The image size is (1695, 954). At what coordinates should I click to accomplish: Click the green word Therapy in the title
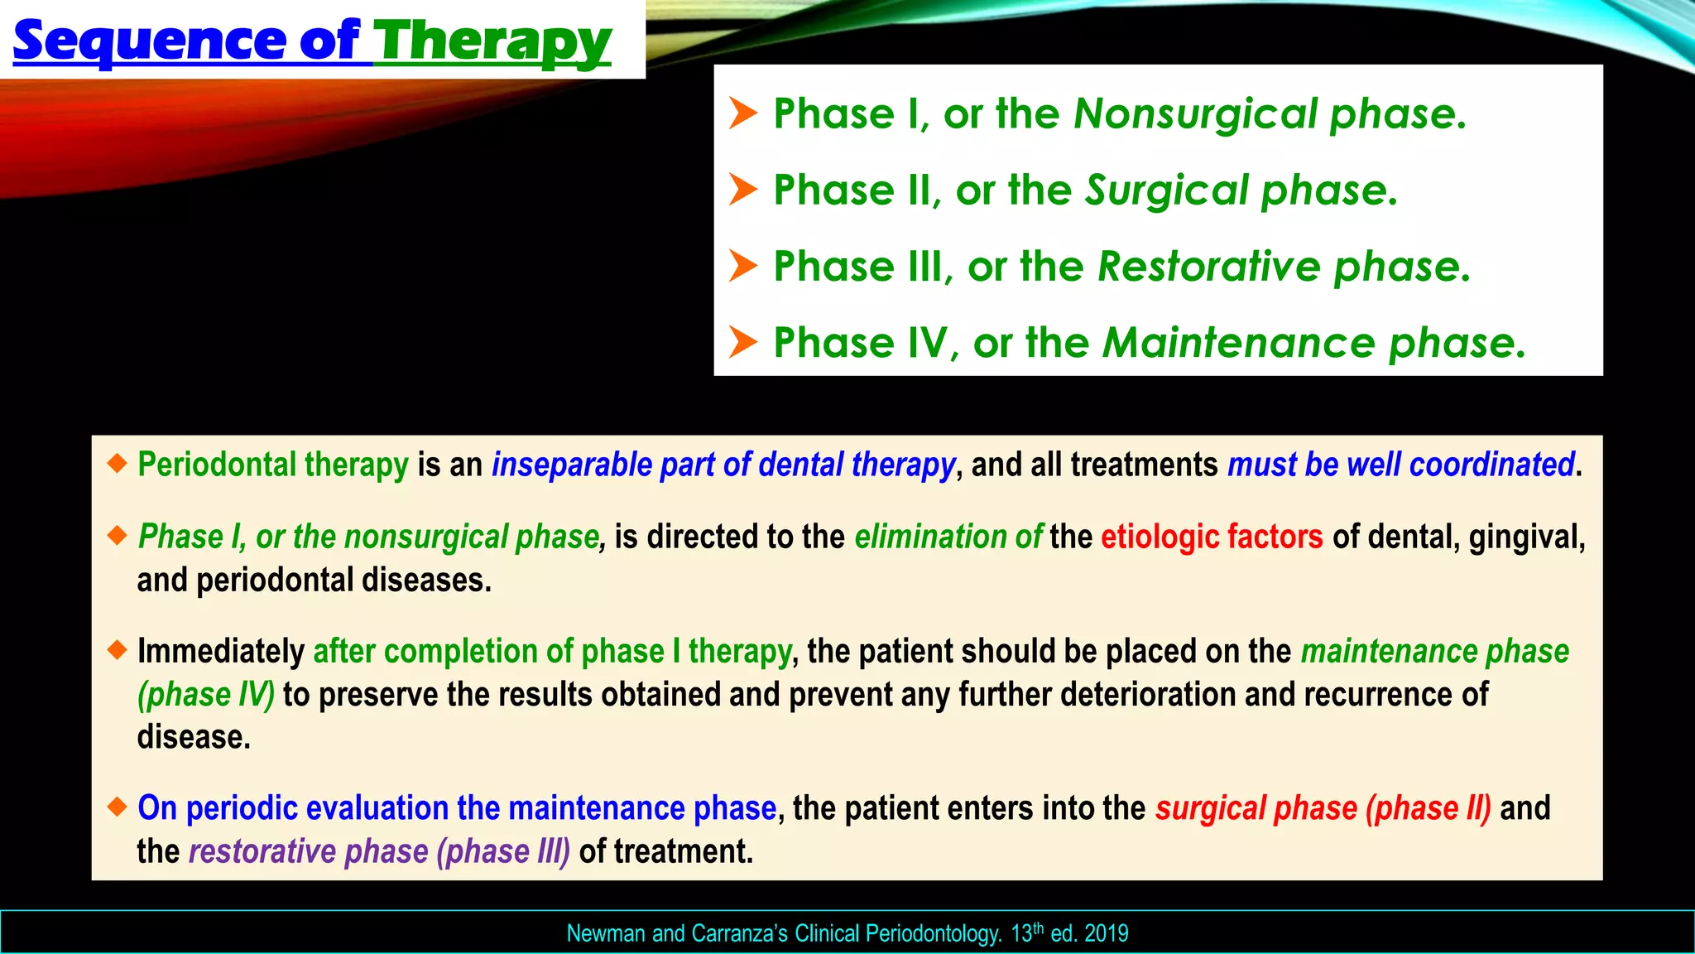coord(492,41)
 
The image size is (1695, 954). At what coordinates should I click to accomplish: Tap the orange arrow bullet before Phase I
coord(742,113)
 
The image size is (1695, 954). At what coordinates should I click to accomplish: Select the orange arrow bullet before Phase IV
coord(742,342)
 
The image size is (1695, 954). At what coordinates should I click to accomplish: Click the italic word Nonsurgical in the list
coord(1195,113)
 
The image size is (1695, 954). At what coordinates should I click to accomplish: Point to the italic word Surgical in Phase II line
coord(1167,190)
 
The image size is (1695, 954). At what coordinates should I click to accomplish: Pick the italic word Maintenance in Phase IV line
coord(1238,343)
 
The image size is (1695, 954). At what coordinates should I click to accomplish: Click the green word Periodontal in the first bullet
coord(216,465)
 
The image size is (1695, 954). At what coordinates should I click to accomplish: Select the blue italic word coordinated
coord(1491,465)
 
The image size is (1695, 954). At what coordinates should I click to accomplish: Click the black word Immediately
coord(221,652)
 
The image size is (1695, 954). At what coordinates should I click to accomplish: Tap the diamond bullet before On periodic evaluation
coord(118,806)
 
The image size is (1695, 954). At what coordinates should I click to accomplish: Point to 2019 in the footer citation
coord(1106,934)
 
